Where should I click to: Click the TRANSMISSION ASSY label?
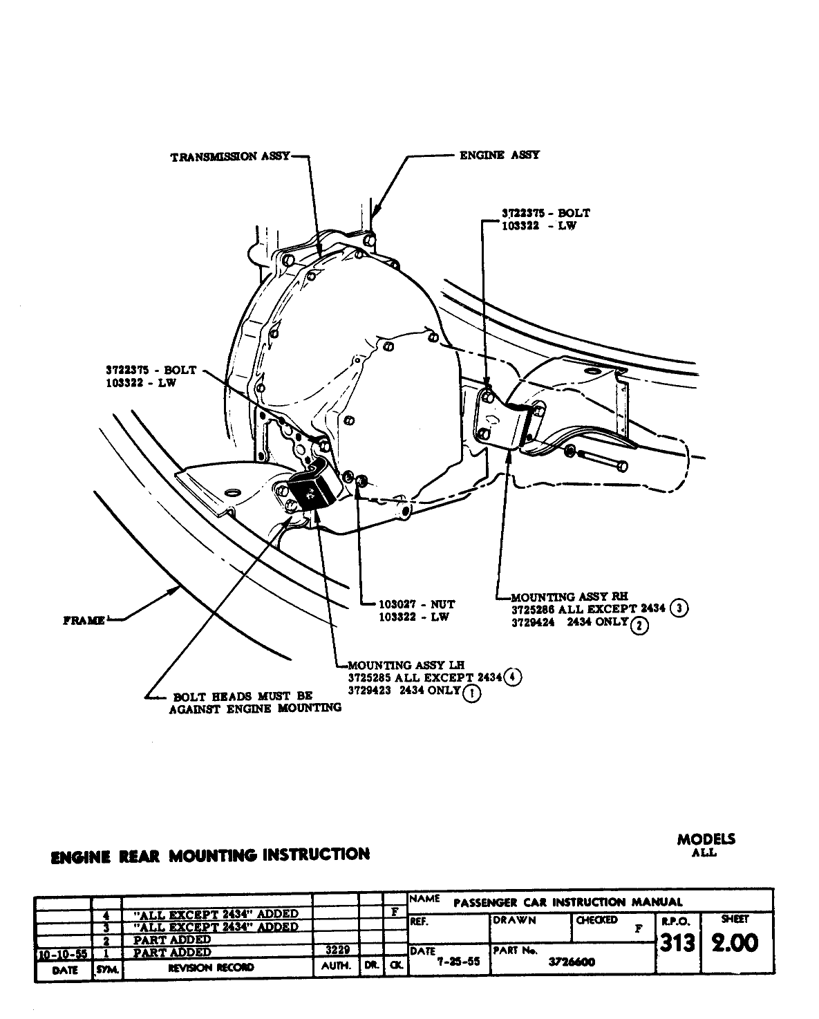(x=230, y=157)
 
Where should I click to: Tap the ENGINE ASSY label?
(x=499, y=156)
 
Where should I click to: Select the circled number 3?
(x=680, y=608)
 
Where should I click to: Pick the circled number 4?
(x=512, y=677)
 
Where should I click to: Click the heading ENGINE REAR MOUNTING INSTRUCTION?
(x=210, y=855)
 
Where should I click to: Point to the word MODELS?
(x=706, y=839)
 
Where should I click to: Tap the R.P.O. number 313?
(x=677, y=943)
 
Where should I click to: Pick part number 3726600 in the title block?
(x=572, y=962)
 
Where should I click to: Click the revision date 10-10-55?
(x=62, y=953)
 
